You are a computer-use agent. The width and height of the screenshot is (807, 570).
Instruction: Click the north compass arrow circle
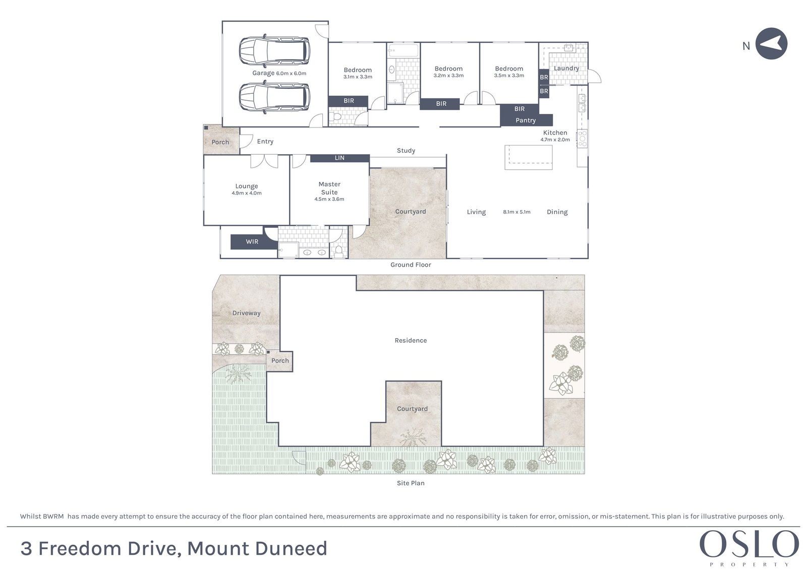click(x=771, y=43)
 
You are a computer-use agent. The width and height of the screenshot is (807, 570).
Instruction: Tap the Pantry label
click(x=526, y=120)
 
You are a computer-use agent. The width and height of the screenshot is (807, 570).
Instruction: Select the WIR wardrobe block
click(x=252, y=241)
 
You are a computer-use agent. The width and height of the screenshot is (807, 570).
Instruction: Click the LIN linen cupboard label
click(x=339, y=158)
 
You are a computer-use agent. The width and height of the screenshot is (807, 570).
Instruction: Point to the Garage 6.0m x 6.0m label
click(x=279, y=73)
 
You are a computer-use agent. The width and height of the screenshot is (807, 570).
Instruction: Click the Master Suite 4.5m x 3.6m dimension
click(x=329, y=199)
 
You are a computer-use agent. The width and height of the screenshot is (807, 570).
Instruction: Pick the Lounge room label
click(x=247, y=186)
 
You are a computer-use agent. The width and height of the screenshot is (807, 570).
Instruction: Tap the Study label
click(x=406, y=151)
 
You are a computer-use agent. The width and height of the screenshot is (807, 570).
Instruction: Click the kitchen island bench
click(x=529, y=157)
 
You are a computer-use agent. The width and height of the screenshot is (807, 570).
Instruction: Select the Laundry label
click(x=566, y=68)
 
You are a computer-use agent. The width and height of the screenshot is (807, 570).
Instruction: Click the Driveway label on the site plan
click(x=247, y=313)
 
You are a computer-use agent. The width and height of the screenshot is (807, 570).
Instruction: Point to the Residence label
click(x=411, y=340)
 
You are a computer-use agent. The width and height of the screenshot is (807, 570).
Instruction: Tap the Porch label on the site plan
click(x=280, y=360)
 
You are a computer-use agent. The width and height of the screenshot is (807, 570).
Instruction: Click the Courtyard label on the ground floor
click(x=411, y=211)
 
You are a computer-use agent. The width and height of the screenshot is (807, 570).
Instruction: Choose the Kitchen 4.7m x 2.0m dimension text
click(x=555, y=140)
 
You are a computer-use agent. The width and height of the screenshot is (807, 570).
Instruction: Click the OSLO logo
click(x=750, y=544)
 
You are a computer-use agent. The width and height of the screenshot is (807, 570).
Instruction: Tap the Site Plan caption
click(x=411, y=483)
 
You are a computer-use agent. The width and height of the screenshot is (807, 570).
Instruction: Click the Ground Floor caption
click(x=411, y=265)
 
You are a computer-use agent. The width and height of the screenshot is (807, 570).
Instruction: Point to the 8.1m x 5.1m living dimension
click(x=516, y=212)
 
